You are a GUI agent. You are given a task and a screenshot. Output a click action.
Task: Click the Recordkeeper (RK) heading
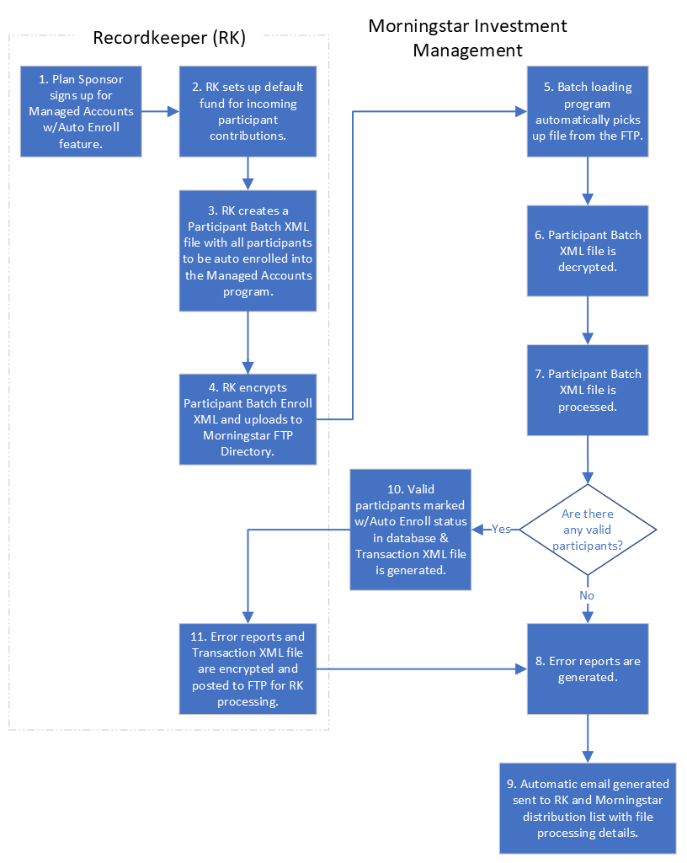[x=168, y=37]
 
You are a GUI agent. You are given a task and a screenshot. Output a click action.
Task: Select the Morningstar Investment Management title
[x=467, y=38]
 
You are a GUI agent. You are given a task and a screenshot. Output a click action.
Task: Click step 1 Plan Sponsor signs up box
[x=81, y=112]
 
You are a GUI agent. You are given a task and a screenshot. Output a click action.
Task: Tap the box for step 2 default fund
[x=248, y=112]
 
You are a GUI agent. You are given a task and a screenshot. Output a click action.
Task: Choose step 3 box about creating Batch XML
[x=248, y=250]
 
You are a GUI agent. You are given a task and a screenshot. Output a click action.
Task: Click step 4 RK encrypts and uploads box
[x=248, y=418]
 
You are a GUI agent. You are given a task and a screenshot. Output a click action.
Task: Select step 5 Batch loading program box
[x=588, y=112]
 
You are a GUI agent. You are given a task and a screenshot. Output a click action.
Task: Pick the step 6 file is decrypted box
[x=588, y=250]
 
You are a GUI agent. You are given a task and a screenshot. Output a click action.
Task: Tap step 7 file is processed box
[x=588, y=389]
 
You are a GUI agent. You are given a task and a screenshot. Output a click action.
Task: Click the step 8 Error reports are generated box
[x=588, y=669]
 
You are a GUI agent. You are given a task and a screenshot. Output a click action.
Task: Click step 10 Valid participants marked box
[x=411, y=530]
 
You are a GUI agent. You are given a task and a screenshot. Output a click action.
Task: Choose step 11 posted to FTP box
[x=248, y=669]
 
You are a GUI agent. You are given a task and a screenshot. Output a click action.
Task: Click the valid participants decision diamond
[x=588, y=530]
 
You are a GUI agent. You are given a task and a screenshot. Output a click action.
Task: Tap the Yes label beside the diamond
[x=501, y=530]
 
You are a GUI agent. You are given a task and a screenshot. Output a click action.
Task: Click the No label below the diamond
[x=587, y=595]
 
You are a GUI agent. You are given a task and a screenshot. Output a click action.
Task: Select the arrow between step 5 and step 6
[x=588, y=180]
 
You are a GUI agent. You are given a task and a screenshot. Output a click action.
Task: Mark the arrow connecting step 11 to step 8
[x=421, y=669]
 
